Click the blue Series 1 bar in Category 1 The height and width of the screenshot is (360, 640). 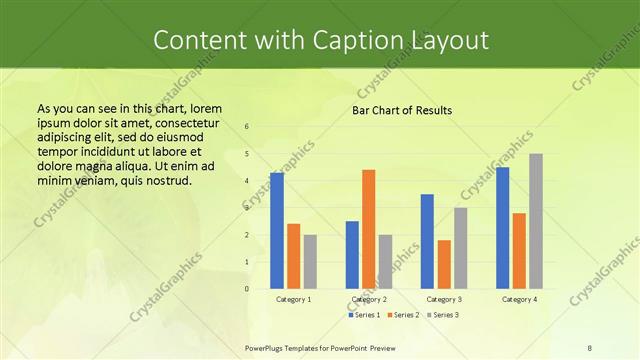tap(277, 231)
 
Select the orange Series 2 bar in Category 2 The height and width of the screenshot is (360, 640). tap(368, 229)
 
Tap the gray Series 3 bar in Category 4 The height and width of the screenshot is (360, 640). tap(536, 221)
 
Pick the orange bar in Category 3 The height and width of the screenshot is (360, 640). tap(444, 264)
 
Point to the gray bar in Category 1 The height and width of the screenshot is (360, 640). tap(310, 262)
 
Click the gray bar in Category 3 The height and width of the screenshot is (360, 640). tap(460, 248)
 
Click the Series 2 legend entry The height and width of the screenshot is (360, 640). tap(403, 315)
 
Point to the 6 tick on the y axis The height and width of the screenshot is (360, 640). tap(247, 127)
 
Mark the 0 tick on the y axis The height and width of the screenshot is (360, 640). tap(247, 289)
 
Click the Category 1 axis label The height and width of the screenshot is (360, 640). tap(293, 299)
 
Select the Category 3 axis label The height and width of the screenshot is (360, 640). tap(444, 299)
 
